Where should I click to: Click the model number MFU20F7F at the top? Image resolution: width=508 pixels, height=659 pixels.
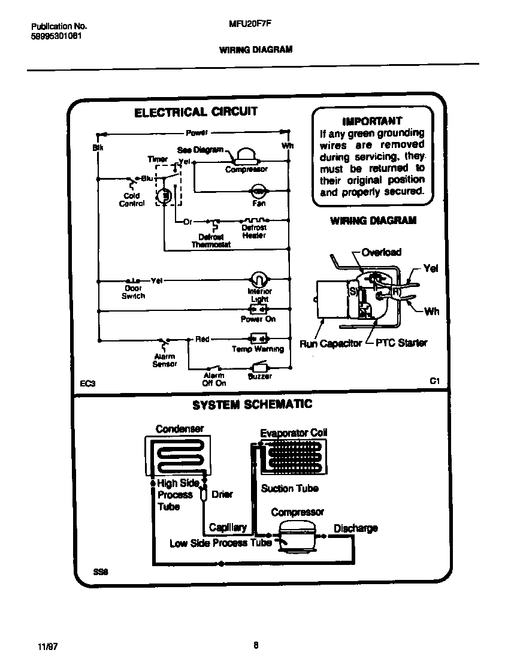246,26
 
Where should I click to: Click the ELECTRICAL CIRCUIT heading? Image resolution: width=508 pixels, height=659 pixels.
195,112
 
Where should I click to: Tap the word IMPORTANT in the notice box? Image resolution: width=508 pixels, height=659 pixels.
372,120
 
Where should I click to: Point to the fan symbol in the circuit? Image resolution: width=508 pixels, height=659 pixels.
258,192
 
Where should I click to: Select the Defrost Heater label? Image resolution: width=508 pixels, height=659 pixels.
254,232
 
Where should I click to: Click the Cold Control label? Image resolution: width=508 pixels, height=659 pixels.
132,199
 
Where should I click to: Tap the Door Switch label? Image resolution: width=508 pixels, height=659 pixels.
133,292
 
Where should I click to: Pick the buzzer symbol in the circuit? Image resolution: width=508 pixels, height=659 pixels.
259,366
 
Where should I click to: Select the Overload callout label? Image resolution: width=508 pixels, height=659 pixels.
382,252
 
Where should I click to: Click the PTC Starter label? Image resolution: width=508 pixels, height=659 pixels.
401,343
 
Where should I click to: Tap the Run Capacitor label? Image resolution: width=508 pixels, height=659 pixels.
331,343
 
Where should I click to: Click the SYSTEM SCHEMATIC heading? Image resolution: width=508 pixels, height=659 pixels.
252,404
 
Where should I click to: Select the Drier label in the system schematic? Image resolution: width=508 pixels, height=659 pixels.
222,494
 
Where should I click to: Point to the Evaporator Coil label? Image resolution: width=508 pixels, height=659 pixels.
294,433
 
